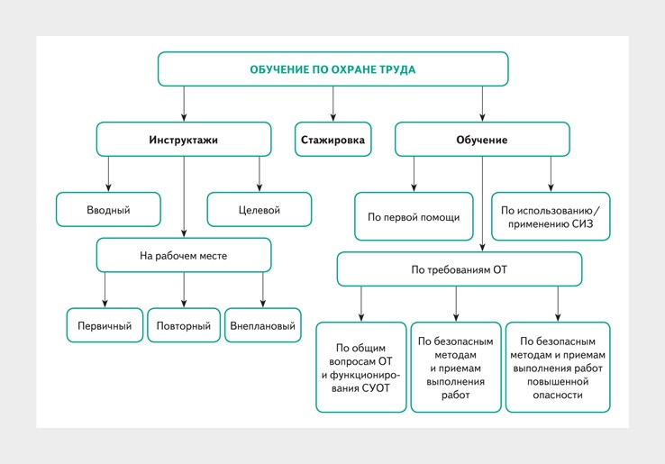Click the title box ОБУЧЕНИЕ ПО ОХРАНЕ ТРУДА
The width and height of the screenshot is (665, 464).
tap(332, 69)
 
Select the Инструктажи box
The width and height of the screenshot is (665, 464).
tap(184, 140)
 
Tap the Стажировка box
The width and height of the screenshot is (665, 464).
tap(332, 140)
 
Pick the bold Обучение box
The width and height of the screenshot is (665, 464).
tap(482, 140)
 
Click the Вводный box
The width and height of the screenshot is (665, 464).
tap(108, 210)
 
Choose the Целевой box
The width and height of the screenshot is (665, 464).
tap(260, 210)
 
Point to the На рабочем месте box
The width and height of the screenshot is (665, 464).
tap(184, 255)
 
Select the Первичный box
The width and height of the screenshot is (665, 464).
tap(105, 325)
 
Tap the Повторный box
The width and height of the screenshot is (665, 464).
tap(184, 325)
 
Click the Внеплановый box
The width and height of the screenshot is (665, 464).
tap(263, 325)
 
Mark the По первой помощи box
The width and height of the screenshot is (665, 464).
tap(414, 217)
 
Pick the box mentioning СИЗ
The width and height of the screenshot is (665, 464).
tap(551, 217)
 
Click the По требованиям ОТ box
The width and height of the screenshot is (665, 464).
tap(460, 269)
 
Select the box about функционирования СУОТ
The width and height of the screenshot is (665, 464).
tap(361, 368)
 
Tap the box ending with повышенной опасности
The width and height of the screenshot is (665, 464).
tap(558, 368)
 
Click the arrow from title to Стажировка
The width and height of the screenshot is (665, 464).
tap(332, 104)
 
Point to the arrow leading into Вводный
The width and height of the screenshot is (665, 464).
tap(108, 174)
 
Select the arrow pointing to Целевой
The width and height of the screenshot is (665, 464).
tap(260, 174)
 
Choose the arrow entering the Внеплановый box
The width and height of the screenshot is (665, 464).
tap(263, 290)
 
